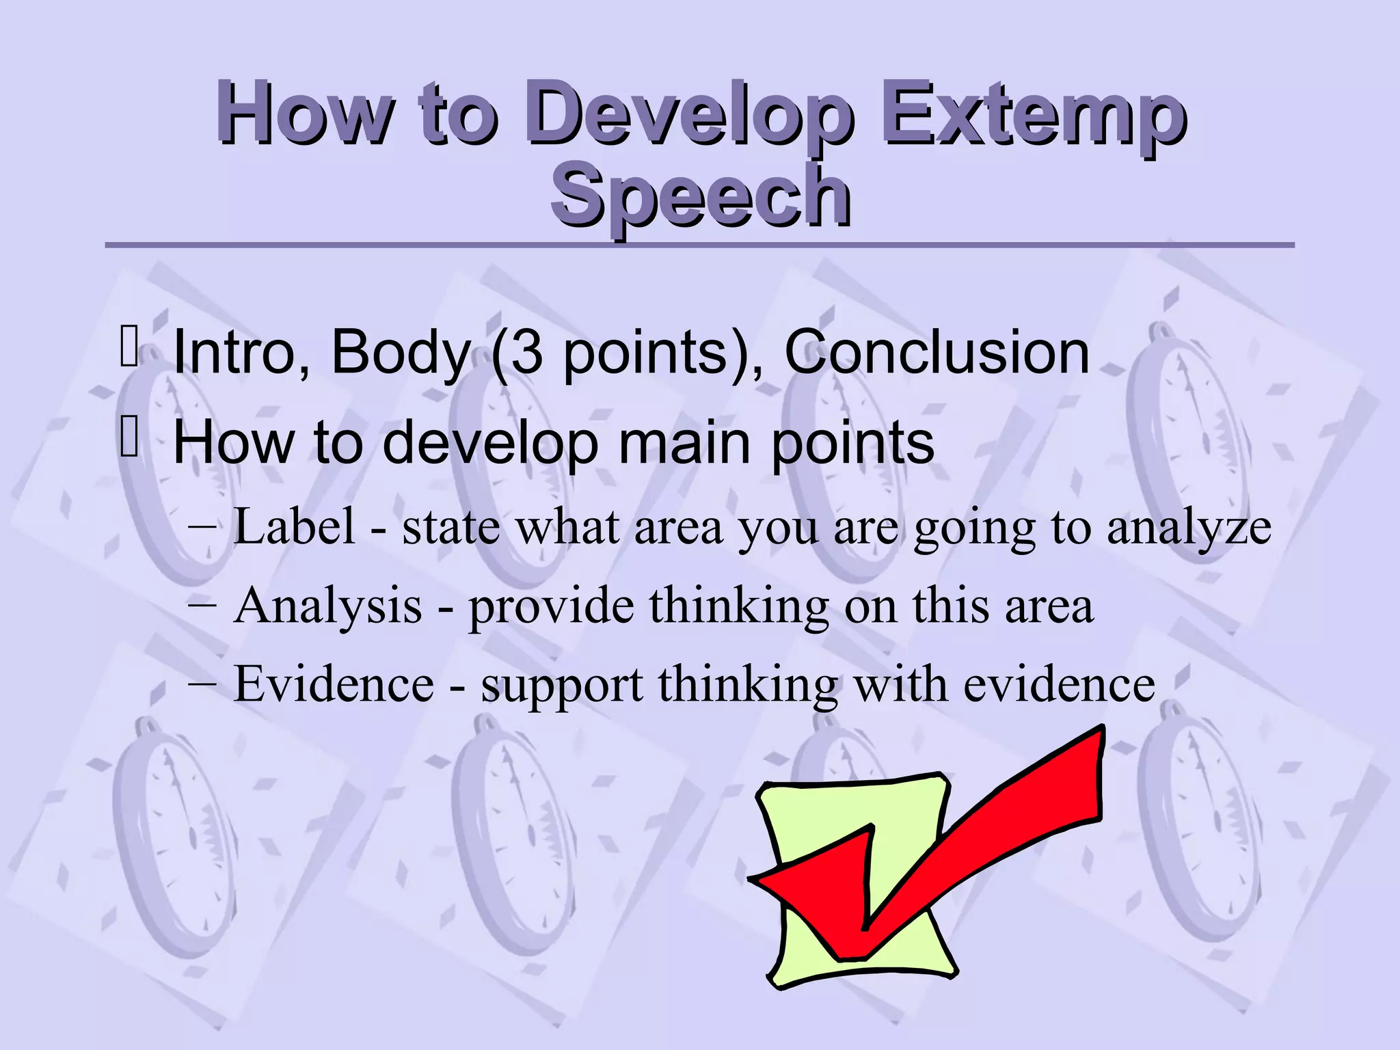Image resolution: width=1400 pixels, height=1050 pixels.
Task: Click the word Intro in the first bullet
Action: click(240, 352)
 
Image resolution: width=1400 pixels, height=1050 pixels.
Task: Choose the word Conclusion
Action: click(936, 352)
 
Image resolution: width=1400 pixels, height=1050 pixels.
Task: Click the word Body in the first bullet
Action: click(400, 352)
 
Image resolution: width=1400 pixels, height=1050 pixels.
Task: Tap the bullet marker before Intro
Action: click(129, 347)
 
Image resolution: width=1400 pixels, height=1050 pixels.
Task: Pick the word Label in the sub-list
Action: click(295, 527)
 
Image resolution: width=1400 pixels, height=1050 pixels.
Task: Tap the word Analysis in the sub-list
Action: click(327, 606)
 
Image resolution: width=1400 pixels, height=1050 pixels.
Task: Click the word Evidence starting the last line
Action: click(334, 684)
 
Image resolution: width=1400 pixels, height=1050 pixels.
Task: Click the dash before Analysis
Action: click(202, 604)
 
